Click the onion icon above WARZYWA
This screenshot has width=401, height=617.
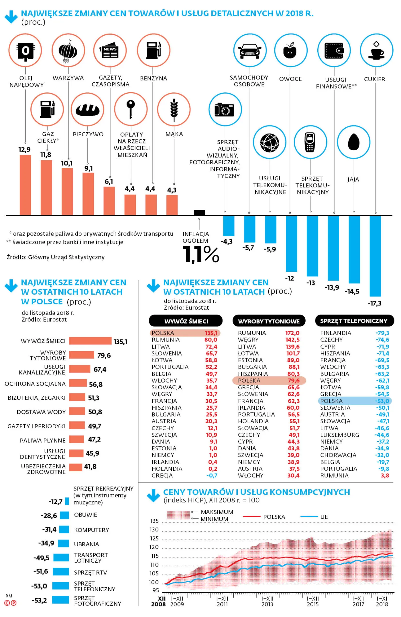(x=68, y=50)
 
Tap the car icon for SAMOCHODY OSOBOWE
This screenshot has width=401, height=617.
(x=250, y=51)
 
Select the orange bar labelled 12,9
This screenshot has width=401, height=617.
(x=25, y=185)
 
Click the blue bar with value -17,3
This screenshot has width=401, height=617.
(x=375, y=256)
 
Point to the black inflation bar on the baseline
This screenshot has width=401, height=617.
(x=199, y=212)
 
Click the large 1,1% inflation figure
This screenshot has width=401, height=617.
(x=201, y=254)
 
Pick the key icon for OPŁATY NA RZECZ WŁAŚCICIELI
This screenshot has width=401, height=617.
(x=131, y=109)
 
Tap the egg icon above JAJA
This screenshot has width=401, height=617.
(x=354, y=142)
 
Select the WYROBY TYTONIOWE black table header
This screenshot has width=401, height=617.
(x=269, y=321)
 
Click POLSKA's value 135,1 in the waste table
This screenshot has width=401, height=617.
(x=211, y=333)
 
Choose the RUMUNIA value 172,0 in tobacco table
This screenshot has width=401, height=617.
(x=292, y=333)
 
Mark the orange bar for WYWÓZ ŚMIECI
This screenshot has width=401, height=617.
(x=90, y=341)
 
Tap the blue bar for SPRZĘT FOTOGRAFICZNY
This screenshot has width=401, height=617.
(x=61, y=600)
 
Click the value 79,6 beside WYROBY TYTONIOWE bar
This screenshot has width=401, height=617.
(x=104, y=355)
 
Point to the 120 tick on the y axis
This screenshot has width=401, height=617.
(x=154, y=547)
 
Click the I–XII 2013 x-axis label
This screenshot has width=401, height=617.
(x=267, y=601)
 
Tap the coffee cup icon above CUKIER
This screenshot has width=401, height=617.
(x=376, y=51)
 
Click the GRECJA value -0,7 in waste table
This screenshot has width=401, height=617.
(x=212, y=476)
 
